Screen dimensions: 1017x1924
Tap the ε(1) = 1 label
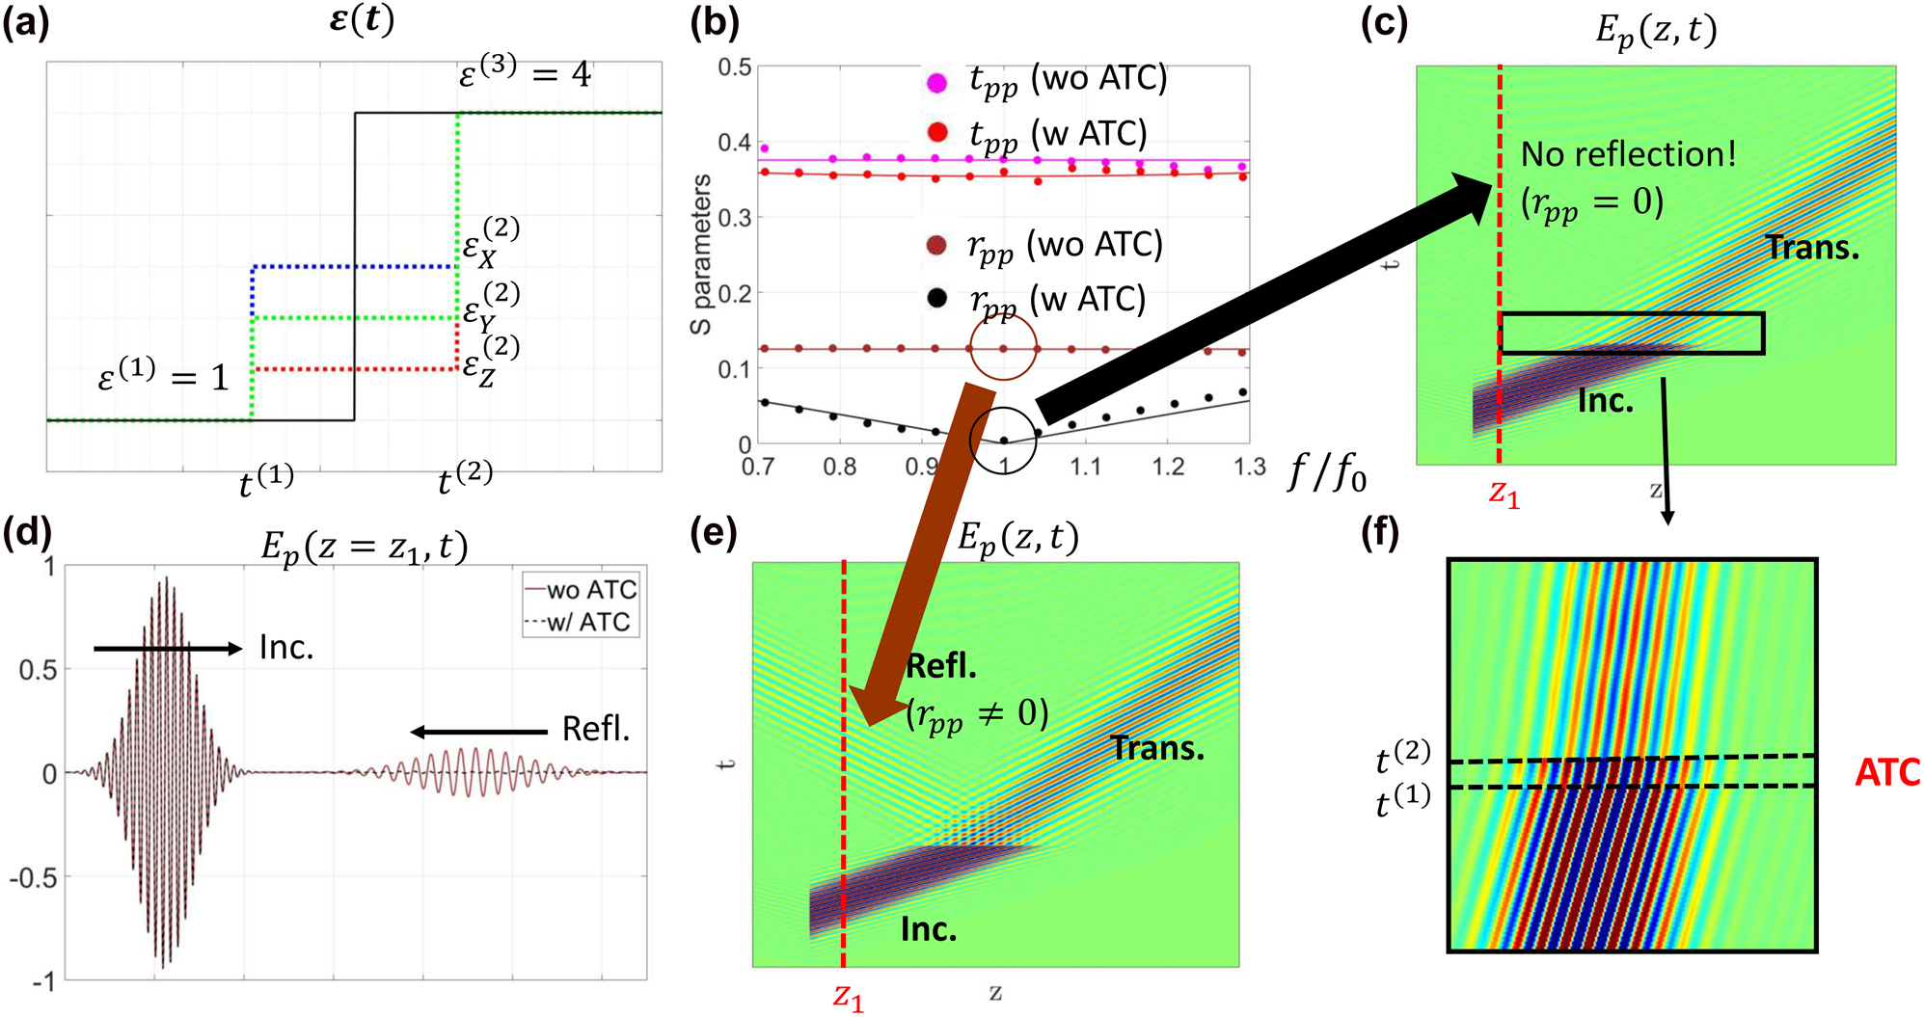[x=164, y=376]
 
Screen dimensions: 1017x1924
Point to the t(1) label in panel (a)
[x=266, y=480]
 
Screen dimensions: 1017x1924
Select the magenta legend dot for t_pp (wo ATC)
[x=936, y=83]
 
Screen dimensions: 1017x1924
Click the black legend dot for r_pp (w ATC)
[x=935, y=299]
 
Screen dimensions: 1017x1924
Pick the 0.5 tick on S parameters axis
[x=735, y=67]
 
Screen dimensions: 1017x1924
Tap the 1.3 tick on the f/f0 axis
[x=1249, y=468]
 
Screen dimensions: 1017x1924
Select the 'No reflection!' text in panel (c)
[x=1628, y=154]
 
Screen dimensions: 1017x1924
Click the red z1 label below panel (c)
[x=1504, y=494]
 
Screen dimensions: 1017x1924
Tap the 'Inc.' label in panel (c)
[x=1605, y=400]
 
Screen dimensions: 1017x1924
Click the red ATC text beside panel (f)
[x=1886, y=772]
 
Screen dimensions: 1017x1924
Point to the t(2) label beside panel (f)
[x=1402, y=758]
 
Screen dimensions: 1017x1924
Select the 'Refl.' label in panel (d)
[x=595, y=729]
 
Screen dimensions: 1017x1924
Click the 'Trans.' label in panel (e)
[x=1157, y=748]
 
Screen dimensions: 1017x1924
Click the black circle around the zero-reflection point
[x=1003, y=440]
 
